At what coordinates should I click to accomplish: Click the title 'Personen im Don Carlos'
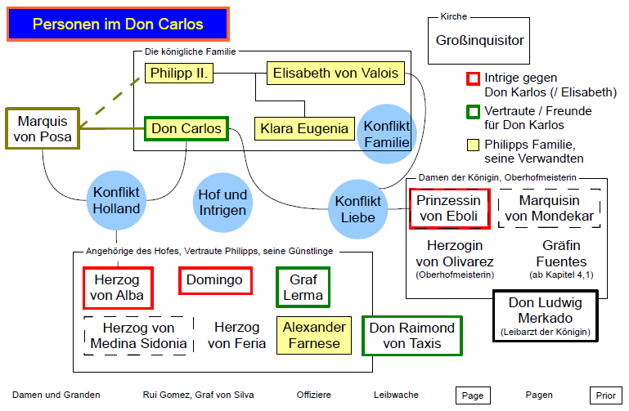(x=118, y=25)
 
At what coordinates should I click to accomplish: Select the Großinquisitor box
(x=479, y=40)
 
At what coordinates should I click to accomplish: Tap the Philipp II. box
(x=180, y=74)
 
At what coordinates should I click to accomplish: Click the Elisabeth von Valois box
(x=335, y=74)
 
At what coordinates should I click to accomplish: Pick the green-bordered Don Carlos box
(x=186, y=129)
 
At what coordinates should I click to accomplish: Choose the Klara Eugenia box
(x=304, y=129)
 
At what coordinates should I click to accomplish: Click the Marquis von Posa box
(x=43, y=127)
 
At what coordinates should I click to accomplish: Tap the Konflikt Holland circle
(x=117, y=201)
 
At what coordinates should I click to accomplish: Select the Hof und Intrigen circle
(x=222, y=202)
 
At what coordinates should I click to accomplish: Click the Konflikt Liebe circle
(x=357, y=209)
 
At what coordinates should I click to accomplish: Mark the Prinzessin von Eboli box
(x=449, y=208)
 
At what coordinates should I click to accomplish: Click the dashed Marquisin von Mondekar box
(x=549, y=208)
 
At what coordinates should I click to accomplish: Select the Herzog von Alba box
(x=118, y=287)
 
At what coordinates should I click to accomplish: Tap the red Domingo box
(x=214, y=281)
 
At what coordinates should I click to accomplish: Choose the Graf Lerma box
(x=303, y=287)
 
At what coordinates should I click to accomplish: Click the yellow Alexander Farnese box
(x=314, y=335)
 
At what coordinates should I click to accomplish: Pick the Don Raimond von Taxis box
(x=411, y=335)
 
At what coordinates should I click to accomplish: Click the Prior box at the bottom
(x=605, y=395)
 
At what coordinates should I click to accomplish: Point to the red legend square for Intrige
(x=472, y=78)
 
